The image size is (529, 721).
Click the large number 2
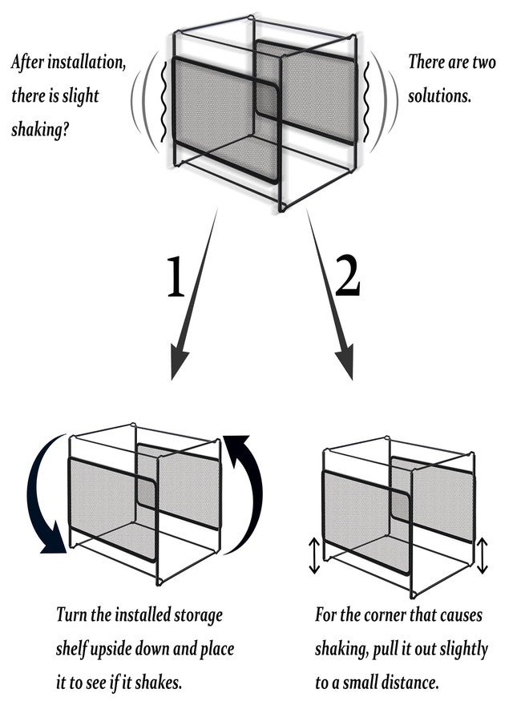(x=346, y=277)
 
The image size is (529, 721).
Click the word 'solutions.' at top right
(x=439, y=95)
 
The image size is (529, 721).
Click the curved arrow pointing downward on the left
(x=43, y=497)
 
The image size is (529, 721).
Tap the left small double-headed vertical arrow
(x=315, y=556)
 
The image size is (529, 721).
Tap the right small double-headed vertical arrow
(x=482, y=556)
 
